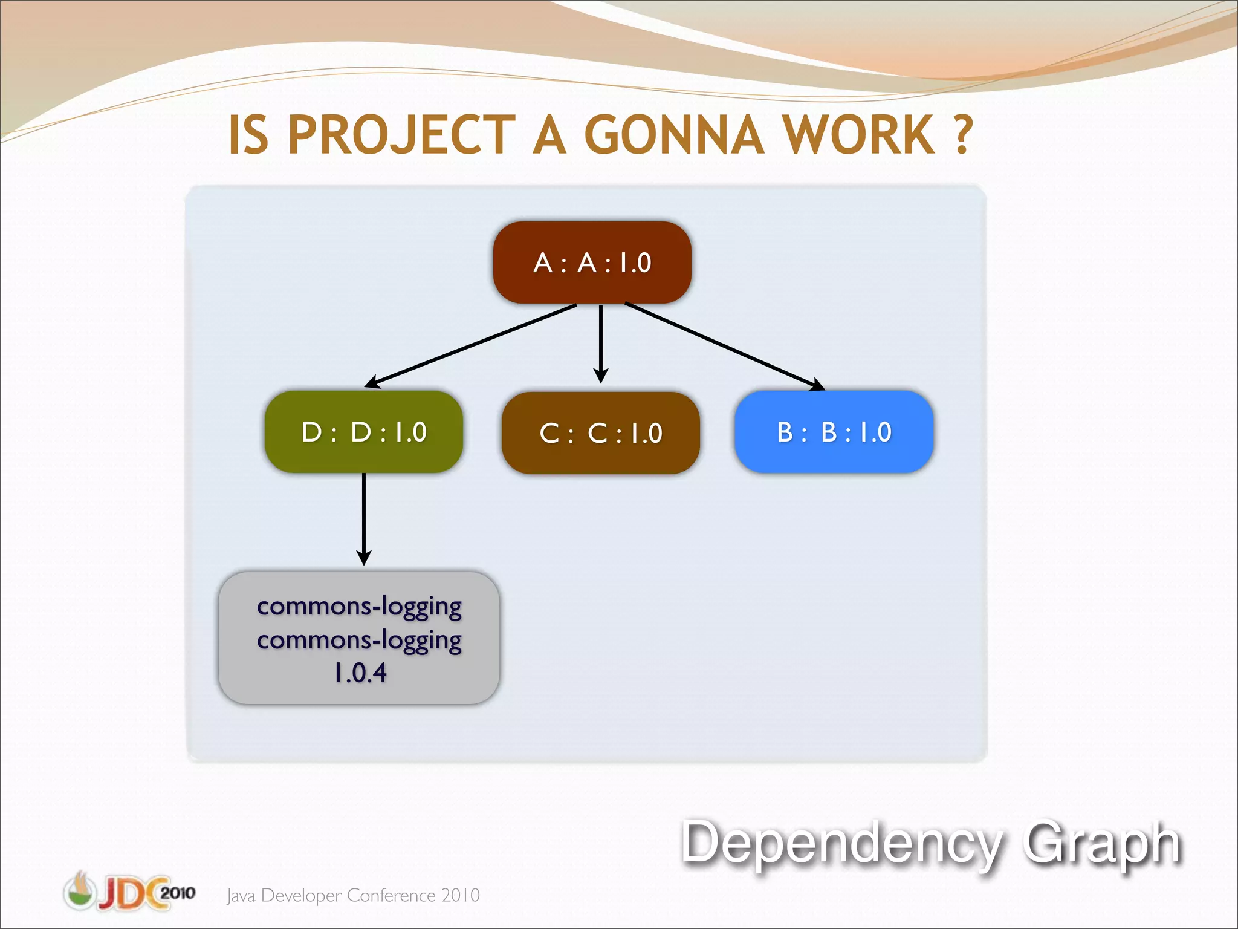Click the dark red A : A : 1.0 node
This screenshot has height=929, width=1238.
(592, 262)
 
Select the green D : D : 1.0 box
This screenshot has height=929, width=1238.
(363, 432)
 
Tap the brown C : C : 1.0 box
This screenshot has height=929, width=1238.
(600, 433)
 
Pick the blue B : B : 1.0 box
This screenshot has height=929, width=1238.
(834, 432)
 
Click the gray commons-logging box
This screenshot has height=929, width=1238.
(359, 638)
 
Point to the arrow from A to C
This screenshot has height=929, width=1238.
(600, 342)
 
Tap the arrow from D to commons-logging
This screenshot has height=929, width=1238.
(363, 517)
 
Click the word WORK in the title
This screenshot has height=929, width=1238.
(859, 135)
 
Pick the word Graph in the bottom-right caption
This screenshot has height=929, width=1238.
(1101, 844)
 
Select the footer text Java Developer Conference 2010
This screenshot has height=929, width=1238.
(353, 895)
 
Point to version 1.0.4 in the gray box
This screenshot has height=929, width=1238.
(360, 673)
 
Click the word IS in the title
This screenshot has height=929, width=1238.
(248, 135)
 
